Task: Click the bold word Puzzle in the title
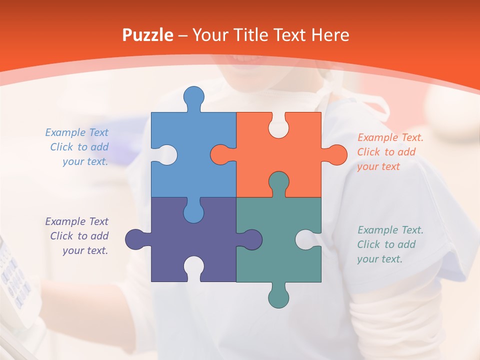(x=148, y=35)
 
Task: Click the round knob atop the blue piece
(x=194, y=97)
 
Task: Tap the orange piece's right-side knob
(x=335, y=154)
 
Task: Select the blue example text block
(x=78, y=147)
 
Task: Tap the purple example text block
(x=78, y=236)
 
